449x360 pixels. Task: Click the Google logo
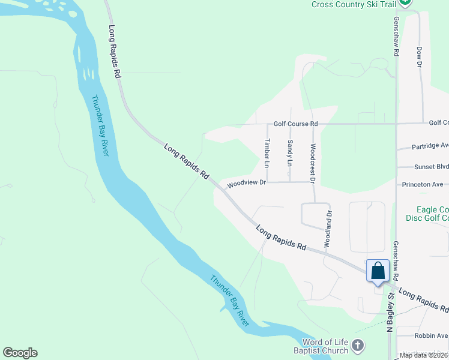point(20,353)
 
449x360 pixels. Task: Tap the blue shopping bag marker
point(378,271)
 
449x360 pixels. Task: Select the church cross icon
point(358,346)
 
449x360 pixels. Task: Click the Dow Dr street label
point(419,57)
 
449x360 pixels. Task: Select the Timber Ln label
point(267,152)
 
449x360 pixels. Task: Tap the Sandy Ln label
point(290,152)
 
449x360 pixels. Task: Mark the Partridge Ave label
point(430,146)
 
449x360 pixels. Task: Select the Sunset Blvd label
point(431,167)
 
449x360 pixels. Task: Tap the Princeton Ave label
point(423,184)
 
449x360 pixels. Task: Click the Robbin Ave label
point(431,336)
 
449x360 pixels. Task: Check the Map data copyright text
point(424,355)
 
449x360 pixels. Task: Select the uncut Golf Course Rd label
point(295,124)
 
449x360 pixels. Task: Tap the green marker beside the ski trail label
point(406,2)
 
